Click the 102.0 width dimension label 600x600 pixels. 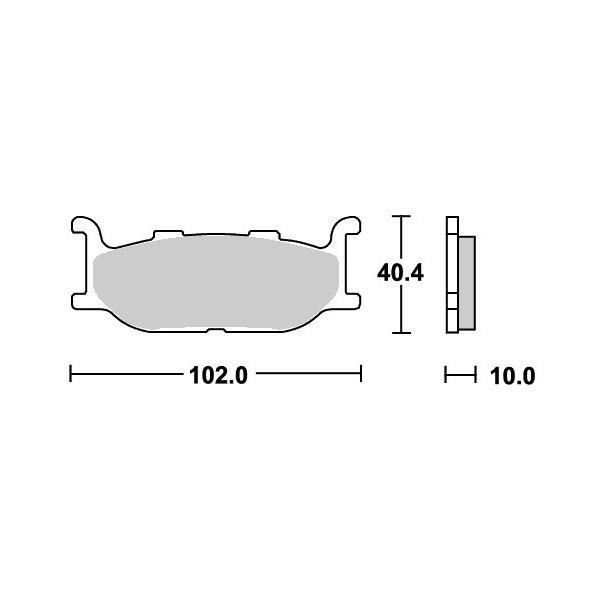(218, 375)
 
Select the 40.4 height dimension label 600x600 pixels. (400, 273)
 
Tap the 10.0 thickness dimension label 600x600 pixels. (512, 376)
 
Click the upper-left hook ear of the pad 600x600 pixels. (85, 226)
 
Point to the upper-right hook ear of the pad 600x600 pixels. (346, 226)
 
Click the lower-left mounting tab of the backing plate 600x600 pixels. (80, 301)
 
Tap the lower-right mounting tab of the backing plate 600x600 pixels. (352, 301)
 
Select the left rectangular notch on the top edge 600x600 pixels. (168, 234)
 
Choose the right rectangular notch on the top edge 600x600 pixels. (264, 234)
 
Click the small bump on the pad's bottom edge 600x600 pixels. (216, 330)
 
